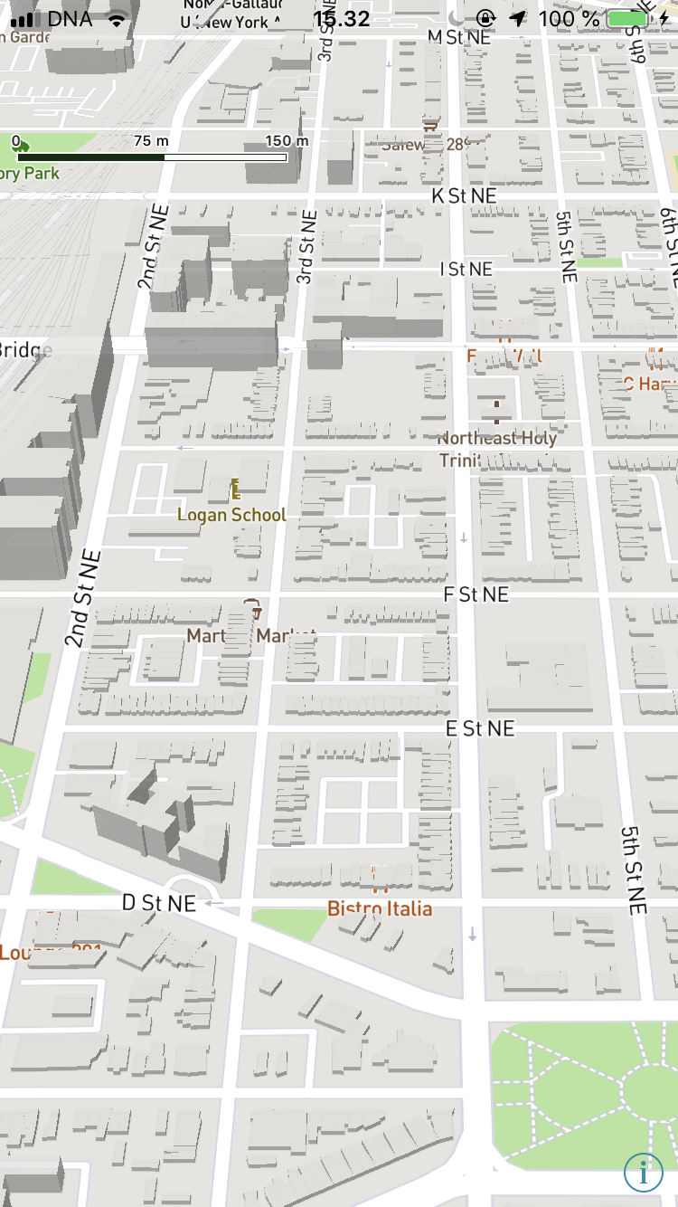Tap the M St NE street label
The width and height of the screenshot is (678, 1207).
(x=458, y=37)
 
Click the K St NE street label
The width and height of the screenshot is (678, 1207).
(x=463, y=195)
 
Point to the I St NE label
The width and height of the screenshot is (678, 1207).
(x=466, y=269)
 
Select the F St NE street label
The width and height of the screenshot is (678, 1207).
(x=476, y=594)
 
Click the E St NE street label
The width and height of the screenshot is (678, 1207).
(x=479, y=728)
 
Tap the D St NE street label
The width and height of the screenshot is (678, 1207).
(x=159, y=903)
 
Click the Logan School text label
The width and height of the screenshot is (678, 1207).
(x=231, y=515)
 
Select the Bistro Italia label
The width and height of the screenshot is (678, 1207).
(x=380, y=908)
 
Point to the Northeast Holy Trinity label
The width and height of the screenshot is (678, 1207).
(x=496, y=448)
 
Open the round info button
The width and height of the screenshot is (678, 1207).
(x=643, y=1172)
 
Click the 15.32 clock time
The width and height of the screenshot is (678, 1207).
(x=342, y=18)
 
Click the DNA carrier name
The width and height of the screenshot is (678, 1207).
(x=70, y=18)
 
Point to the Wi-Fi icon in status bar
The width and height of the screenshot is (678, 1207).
(x=116, y=18)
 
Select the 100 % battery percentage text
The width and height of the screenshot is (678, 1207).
(x=569, y=18)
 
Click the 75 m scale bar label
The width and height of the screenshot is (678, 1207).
(x=151, y=141)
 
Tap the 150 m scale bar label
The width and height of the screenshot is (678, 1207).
(x=287, y=141)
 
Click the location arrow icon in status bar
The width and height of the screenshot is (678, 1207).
(x=518, y=18)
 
